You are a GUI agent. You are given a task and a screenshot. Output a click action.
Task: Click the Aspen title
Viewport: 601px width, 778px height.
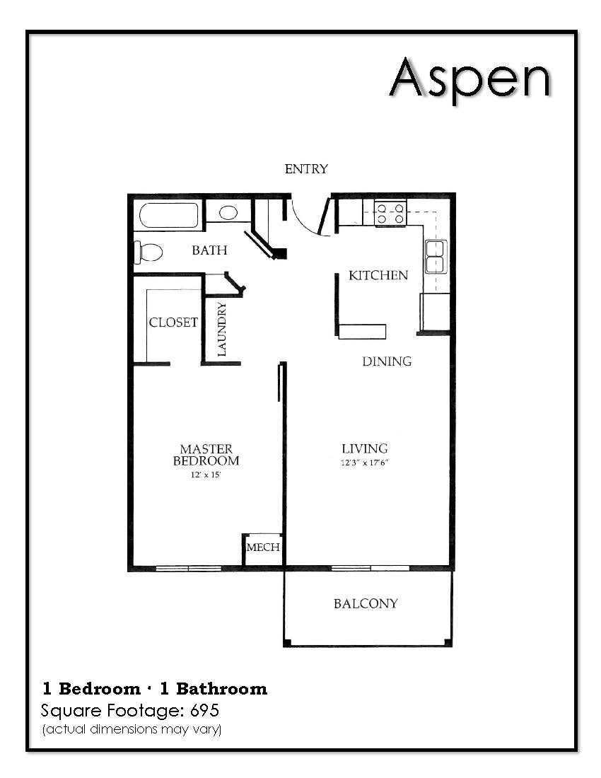(469, 79)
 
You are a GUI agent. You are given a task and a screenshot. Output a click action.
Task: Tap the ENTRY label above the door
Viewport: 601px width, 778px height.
(306, 169)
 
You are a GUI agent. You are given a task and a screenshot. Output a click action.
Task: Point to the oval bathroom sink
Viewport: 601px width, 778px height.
(228, 213)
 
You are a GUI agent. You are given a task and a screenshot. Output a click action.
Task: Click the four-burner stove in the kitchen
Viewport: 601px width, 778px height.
(390, 213)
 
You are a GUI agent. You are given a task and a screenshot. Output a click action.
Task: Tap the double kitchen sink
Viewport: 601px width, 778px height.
(436, 257)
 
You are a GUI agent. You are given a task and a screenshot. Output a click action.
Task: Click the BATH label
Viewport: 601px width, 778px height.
(209, 250)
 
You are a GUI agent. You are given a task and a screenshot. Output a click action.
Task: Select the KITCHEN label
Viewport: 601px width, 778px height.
(378, 275)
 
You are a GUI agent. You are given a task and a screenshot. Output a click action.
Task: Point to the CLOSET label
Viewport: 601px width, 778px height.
(173, 323)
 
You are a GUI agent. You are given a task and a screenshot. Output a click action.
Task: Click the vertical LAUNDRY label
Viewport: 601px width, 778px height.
(221, 329)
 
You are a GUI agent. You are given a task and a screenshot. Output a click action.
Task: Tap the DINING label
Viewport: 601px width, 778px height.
(387, 361)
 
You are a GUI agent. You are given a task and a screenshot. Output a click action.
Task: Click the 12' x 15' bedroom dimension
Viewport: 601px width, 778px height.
(205, 475)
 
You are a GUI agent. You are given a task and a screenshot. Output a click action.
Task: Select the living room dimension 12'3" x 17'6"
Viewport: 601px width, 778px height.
(364, 463)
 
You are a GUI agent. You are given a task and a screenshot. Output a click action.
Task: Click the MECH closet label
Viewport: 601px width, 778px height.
(263, 547)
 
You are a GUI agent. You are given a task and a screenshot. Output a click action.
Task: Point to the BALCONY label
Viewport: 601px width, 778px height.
(366, 603)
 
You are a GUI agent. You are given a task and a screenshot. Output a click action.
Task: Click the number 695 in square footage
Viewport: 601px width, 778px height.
(205, 711)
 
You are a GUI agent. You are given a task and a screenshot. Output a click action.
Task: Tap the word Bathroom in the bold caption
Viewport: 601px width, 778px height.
(221, 689)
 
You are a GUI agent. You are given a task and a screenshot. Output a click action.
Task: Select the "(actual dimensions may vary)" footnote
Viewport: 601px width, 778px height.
(132, 729)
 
